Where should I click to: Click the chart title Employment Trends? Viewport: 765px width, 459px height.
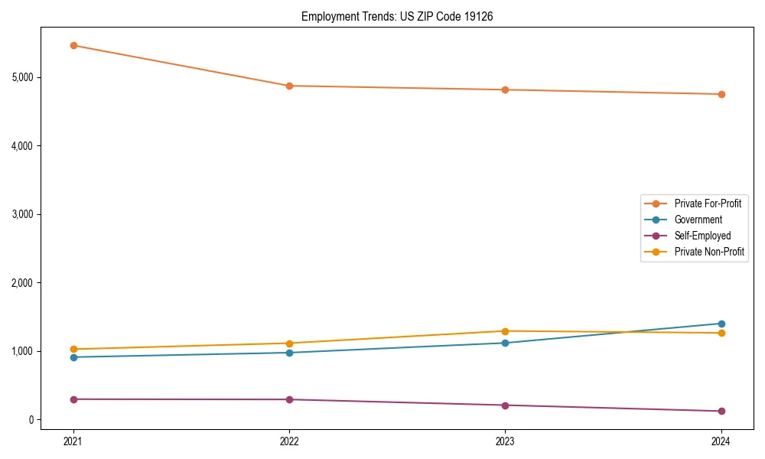click(396, 16)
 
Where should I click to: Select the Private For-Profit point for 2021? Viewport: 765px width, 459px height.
click(73, 45)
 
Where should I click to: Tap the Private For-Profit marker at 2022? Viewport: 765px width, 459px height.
click(289, 86)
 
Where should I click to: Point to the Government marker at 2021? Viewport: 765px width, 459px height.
click(73, 357)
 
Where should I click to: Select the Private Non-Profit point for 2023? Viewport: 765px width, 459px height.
click(505, 331)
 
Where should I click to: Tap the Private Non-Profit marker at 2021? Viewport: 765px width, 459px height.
click(73, 349)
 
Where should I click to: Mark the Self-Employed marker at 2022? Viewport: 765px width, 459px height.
click(289, 399)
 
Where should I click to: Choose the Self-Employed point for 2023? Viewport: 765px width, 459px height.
click(505, 405)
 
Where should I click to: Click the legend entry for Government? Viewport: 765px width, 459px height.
click(698, 220)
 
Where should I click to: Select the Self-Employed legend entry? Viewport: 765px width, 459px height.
click(702, 236)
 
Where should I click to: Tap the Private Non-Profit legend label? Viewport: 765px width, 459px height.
click(709, 252)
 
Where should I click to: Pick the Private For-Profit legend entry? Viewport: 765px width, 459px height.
click(708, 203)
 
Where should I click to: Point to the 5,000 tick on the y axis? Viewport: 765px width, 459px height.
click(23, 77)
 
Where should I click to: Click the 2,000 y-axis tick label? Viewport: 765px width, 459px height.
click(23, 283)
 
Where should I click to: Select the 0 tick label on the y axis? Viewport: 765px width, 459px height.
click(30, 420)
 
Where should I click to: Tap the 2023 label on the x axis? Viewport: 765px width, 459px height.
click(505, 441)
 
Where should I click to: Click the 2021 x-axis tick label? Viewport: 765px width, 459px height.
click(73, 441)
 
